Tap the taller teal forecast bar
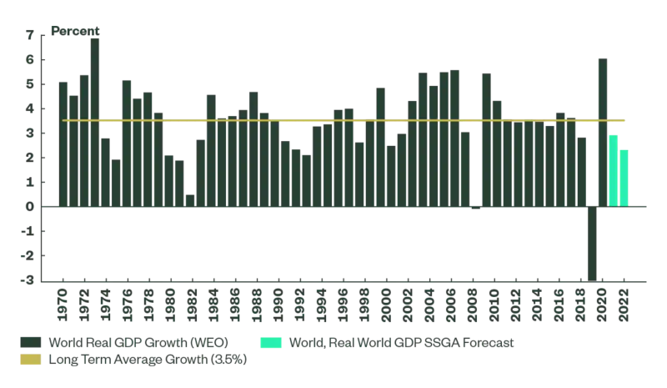(614, 171)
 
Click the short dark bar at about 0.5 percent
(190, 200)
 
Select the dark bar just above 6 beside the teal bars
(603, 132)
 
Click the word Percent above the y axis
(75, 31)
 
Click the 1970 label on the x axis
(63, 305)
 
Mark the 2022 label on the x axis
(624, 305)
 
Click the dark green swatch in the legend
(31, 342)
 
